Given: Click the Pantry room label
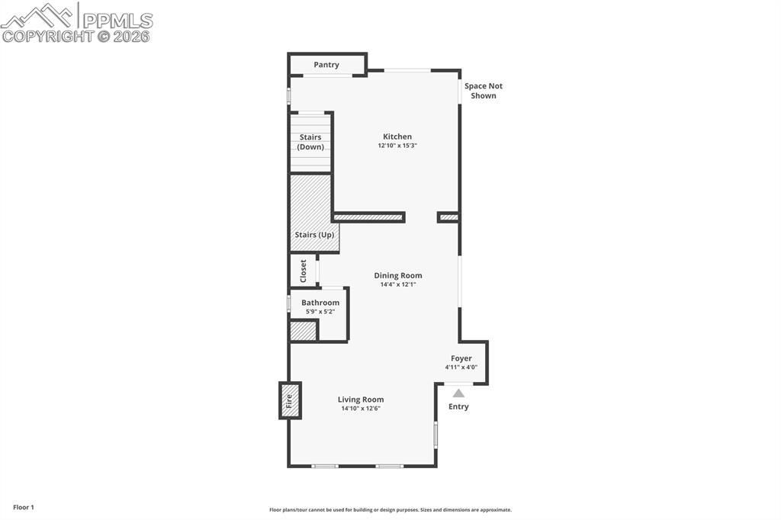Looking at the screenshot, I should click(x=326, y=65).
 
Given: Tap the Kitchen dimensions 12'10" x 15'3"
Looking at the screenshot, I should click(x=397, y=146).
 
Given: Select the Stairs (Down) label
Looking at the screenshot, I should click(x=310, y=142).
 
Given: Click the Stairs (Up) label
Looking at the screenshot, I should click(x=314, y=235).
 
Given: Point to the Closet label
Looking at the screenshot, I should click(x=303, y=271).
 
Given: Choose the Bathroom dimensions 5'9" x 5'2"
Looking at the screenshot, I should click(x=320, y=312).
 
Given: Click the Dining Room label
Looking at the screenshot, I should click(x=397, y=275).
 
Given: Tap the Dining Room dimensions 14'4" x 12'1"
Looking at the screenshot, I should click(x=397, y=284).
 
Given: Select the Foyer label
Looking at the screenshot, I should click(x=461, y=358).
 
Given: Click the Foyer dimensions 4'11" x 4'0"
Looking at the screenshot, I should click(x=461, y=368).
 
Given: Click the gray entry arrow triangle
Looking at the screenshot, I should click(x=458, y=393).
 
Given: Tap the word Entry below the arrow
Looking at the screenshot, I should click(x=458, y=406).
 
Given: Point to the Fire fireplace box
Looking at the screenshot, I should click(x=290, y=400).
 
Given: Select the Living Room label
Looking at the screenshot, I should click(x=361, y=400).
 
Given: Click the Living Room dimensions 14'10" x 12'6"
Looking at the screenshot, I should click(x=361, y=409).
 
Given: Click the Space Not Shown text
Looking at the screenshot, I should click(x=484, y=91).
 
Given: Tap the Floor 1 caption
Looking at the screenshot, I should click(x=24, y=507).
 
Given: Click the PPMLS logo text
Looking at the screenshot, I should click(x=117, y=21).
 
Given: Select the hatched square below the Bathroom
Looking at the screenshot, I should click(x=303, y=332).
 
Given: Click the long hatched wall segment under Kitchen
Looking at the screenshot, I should click(x=368, y=217).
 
